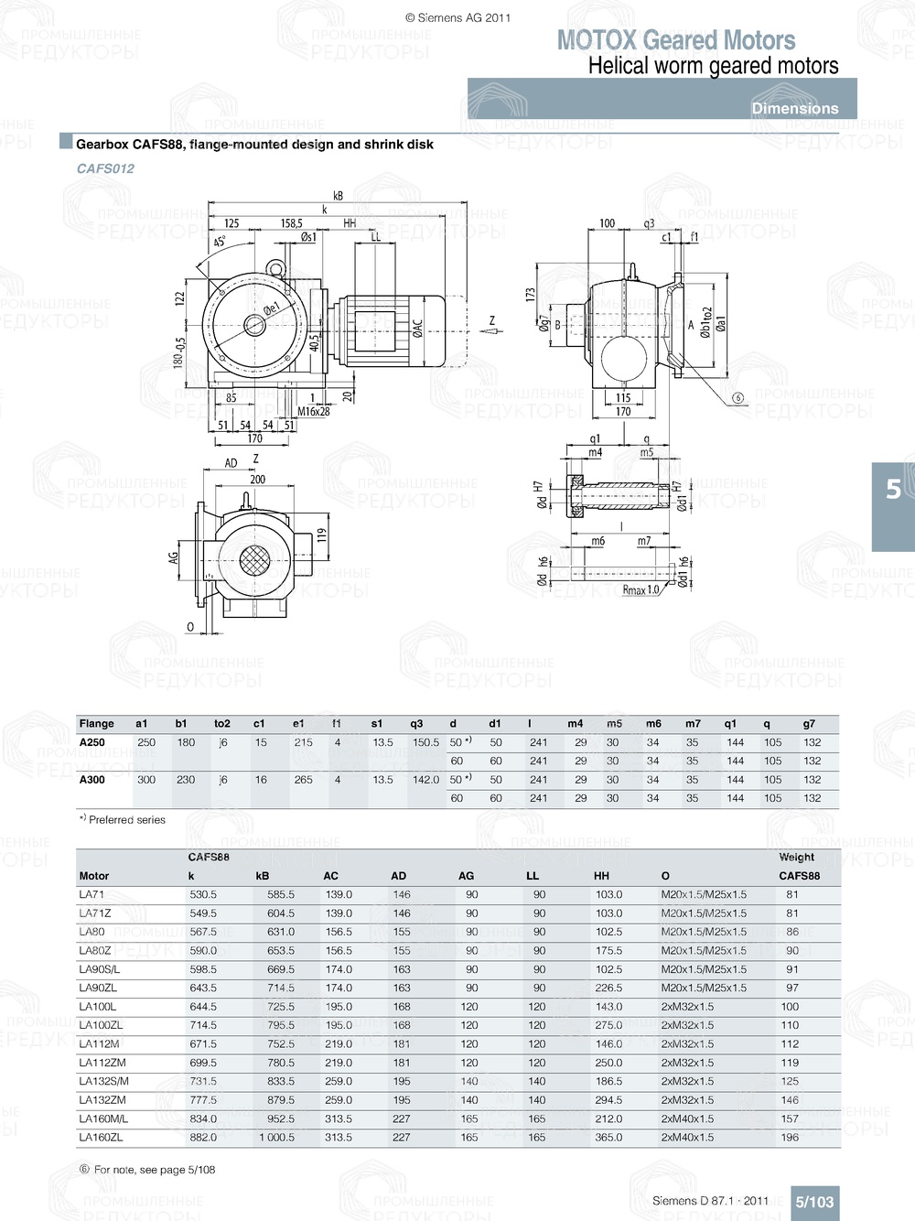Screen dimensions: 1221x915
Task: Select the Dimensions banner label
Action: [794, 108]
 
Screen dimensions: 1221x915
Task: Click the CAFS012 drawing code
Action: [105, 168]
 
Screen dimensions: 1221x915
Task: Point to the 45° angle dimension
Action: [220, 243]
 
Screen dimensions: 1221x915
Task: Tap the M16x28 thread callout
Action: [314, 412]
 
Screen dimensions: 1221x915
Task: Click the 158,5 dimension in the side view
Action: [291, 223]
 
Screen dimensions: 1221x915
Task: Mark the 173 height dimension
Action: [530, 295]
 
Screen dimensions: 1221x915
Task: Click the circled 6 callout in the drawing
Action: [738, 398]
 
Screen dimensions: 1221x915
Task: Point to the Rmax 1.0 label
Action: [640, 590]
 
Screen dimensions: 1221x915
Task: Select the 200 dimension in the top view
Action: [258, 479]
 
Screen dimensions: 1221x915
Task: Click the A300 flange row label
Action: [92, 780]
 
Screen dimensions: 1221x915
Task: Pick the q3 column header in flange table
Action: [416, 723]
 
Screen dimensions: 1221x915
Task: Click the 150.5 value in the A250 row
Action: [425, 742]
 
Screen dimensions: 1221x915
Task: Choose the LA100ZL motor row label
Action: [101, 1025]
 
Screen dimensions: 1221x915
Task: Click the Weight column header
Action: [796, 858]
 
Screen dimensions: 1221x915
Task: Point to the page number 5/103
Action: [813, 1202]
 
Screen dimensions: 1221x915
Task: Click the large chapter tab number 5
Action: [893, 490]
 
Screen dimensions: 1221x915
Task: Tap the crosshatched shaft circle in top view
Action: [253, 559]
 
